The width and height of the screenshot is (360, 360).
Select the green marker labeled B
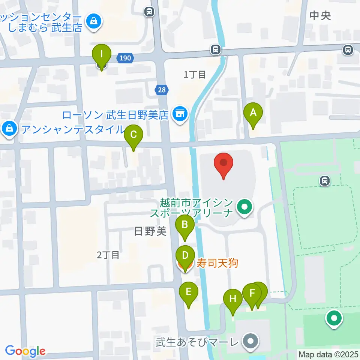pyautogui.click(x=185, y=226)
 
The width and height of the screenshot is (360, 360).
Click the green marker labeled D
pyautogui.click(x=185, y=256)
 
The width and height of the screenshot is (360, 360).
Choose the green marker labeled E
pyautogui.click(x=188, y=292)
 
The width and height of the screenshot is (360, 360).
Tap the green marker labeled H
pyautogui.click(x=233, y=300)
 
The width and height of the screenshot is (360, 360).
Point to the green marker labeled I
pyautogui.click(x=102, y=55)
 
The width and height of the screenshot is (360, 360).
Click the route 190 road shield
pyautogui.click(x=125, y=58)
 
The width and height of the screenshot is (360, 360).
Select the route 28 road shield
pyautogui.click(x=161, y=90)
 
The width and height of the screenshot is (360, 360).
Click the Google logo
pyautogui.click(x=25, y=351)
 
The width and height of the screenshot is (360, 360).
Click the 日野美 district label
pyautogui.click(x=150, y=231)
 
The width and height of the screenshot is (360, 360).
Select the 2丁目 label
pyautogui.click(x=108, y=255)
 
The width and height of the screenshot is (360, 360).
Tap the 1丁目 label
pyautogui.click(x=195, y=75)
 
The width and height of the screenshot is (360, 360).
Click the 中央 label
pyautogui.click(x=321, y=16)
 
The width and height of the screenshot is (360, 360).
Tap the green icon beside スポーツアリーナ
pyautogui.click(x=244, y=207)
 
